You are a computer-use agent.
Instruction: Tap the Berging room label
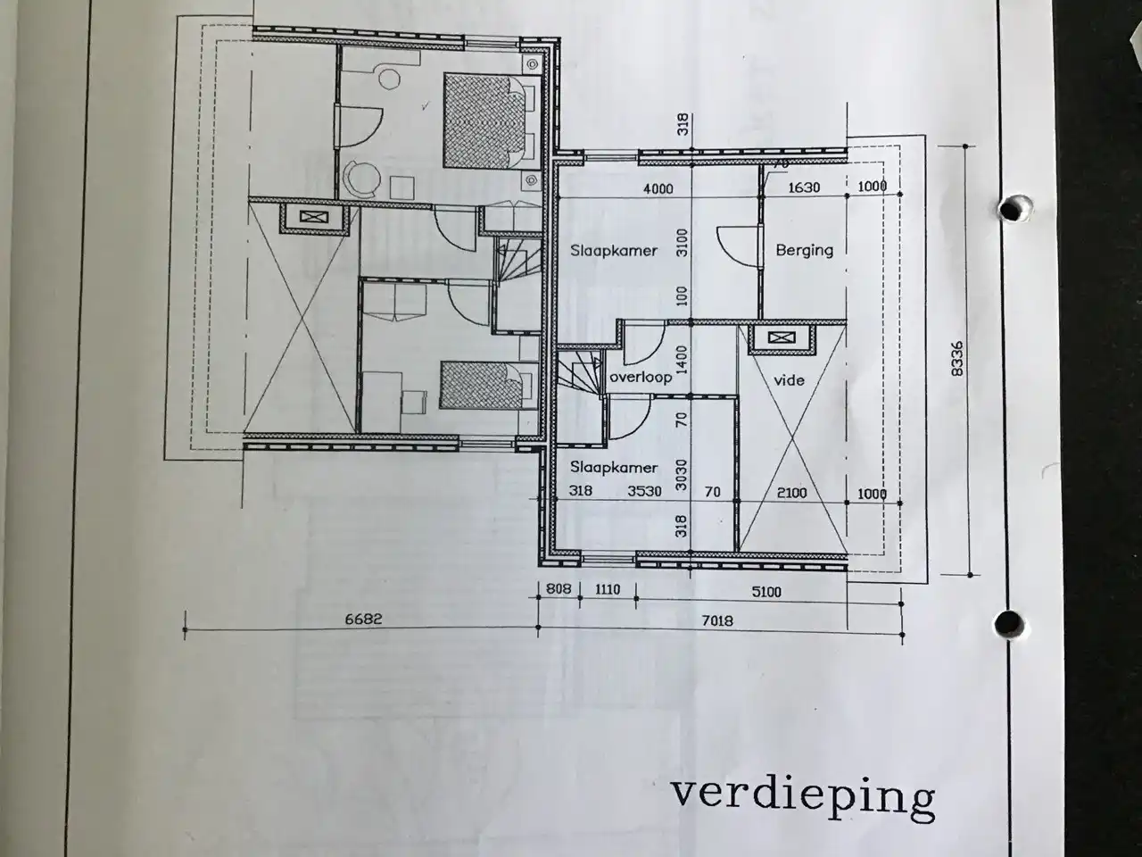(x=805, y=251)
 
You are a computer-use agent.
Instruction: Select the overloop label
(x=641, y=377)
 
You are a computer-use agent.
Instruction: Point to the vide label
(x=790, y=380)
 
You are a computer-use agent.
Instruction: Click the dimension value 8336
(x=956, y=359)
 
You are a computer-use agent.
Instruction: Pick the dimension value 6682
(x=364, y=619)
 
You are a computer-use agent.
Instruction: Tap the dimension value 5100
(x=766, y=592)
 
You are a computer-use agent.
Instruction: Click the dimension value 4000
(x=658, y=188)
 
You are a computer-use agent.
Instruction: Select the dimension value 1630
(x=804, y=187)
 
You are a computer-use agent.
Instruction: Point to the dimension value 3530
(x=645, y=491)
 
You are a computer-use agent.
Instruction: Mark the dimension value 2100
(x=792, y=492)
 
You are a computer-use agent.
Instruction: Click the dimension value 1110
(x=608, y=589)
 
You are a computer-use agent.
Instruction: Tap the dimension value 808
(x=559, y=589)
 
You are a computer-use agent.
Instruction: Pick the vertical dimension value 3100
(x=683, y=243)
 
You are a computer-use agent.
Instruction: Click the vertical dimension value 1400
(x=683, y=360)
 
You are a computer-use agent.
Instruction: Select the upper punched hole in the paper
(x=1012, y=210)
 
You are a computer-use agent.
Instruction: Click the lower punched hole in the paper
(x=1010, y=623)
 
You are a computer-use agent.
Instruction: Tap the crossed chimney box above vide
(x=782, y=338)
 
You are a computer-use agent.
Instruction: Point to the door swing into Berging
(x=737, y=246)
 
